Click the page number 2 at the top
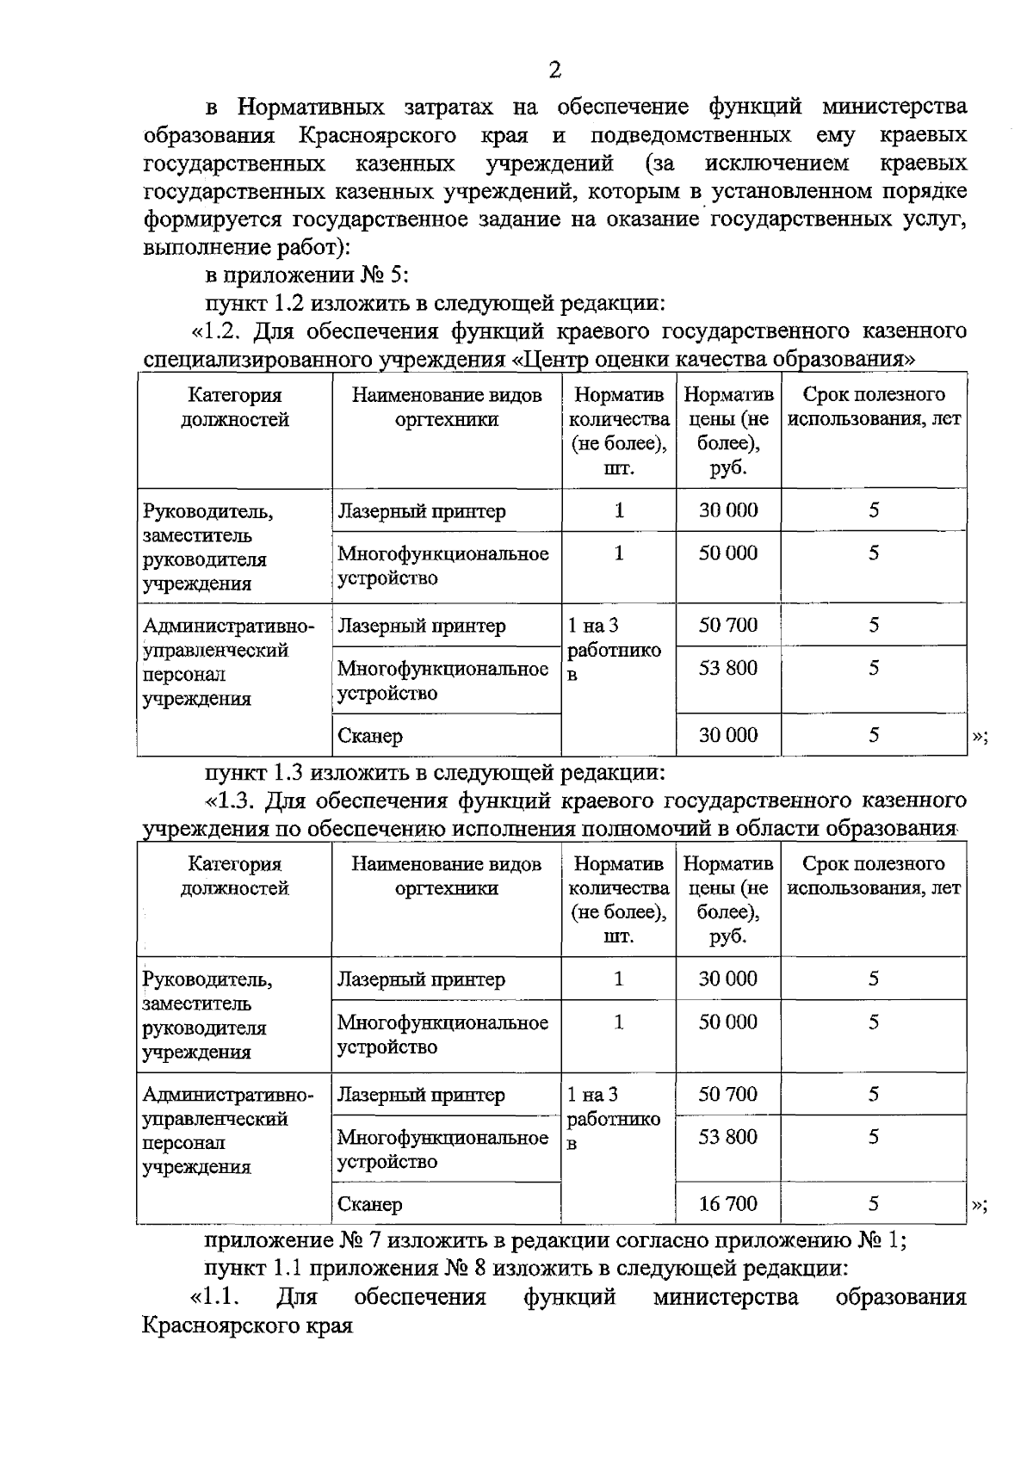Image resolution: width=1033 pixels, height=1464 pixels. [x=554, y=71]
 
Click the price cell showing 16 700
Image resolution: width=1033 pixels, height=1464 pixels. [x=727, y=1203]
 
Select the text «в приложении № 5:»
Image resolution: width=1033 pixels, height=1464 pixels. [x=306, y=275]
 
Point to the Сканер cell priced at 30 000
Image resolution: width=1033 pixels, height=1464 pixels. [x=370, y=736]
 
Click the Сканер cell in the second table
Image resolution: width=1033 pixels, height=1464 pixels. [x=370, y=1204]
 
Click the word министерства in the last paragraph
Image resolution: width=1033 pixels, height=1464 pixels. [x=725, y=1297]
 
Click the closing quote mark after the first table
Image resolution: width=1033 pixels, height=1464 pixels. [x=979, y=737]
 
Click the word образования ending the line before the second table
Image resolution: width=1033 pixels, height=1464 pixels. [x=892, y=829]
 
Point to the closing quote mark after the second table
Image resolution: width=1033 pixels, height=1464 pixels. [x=979, y=1205]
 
